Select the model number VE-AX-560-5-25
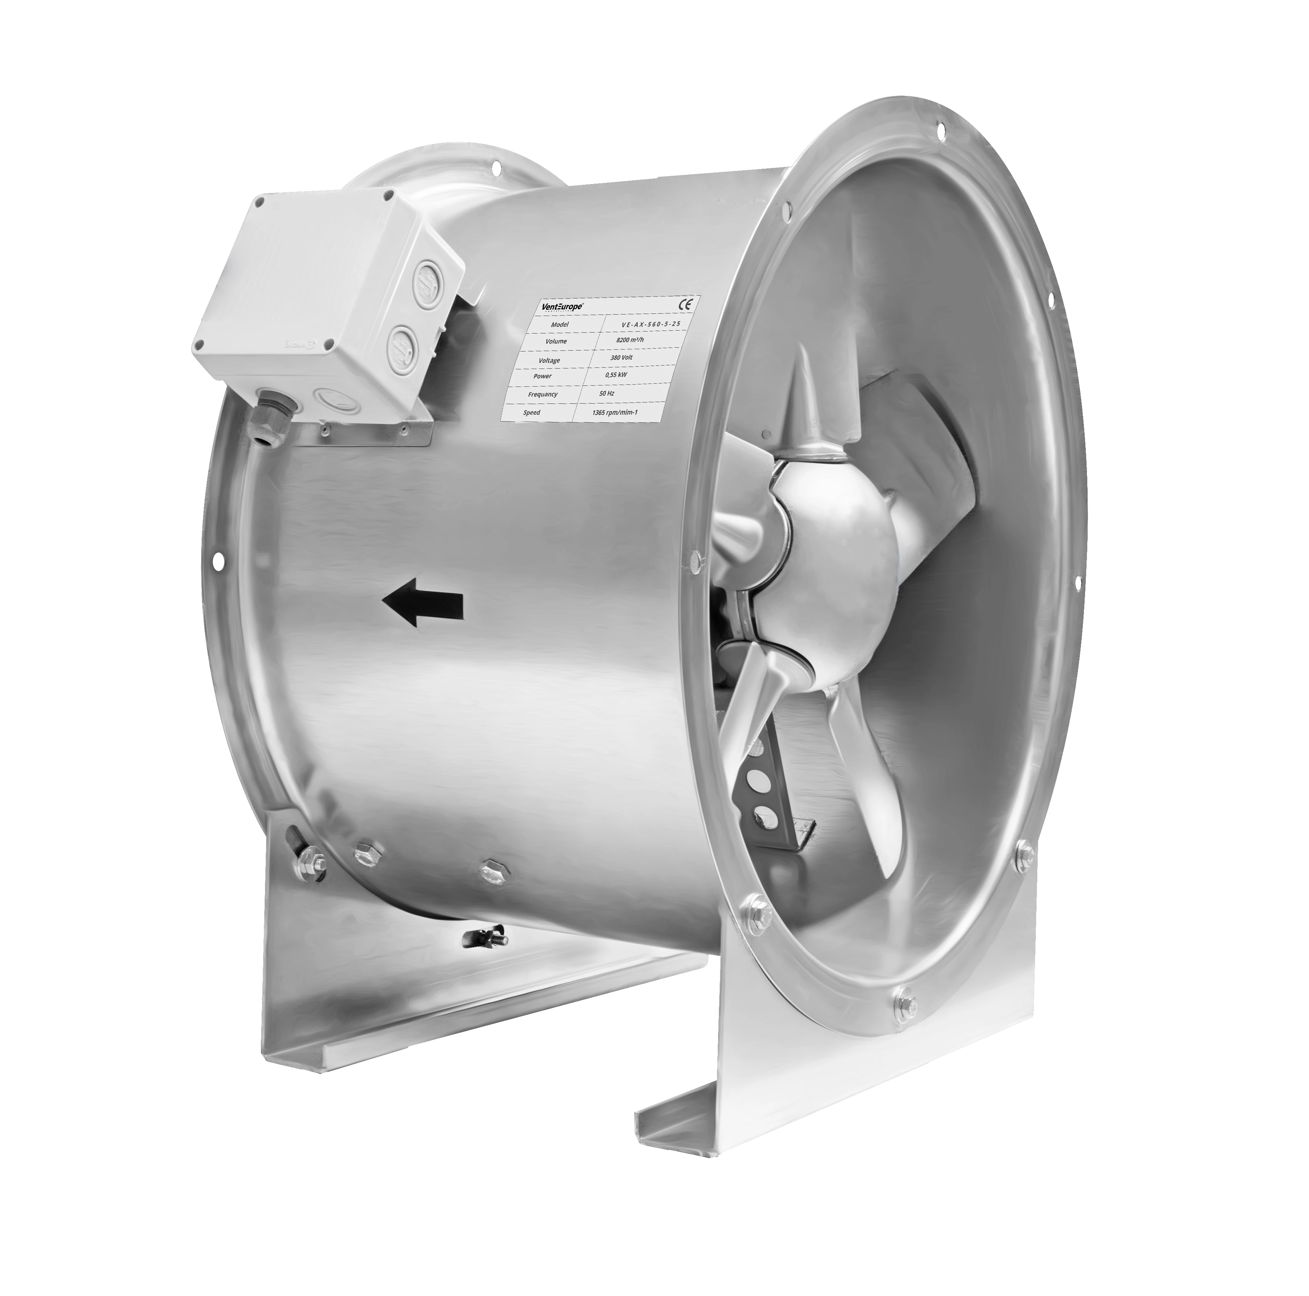pyautogui.click(x=651, y=324)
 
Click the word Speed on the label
pyautogui.click(x=532, y=412)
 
